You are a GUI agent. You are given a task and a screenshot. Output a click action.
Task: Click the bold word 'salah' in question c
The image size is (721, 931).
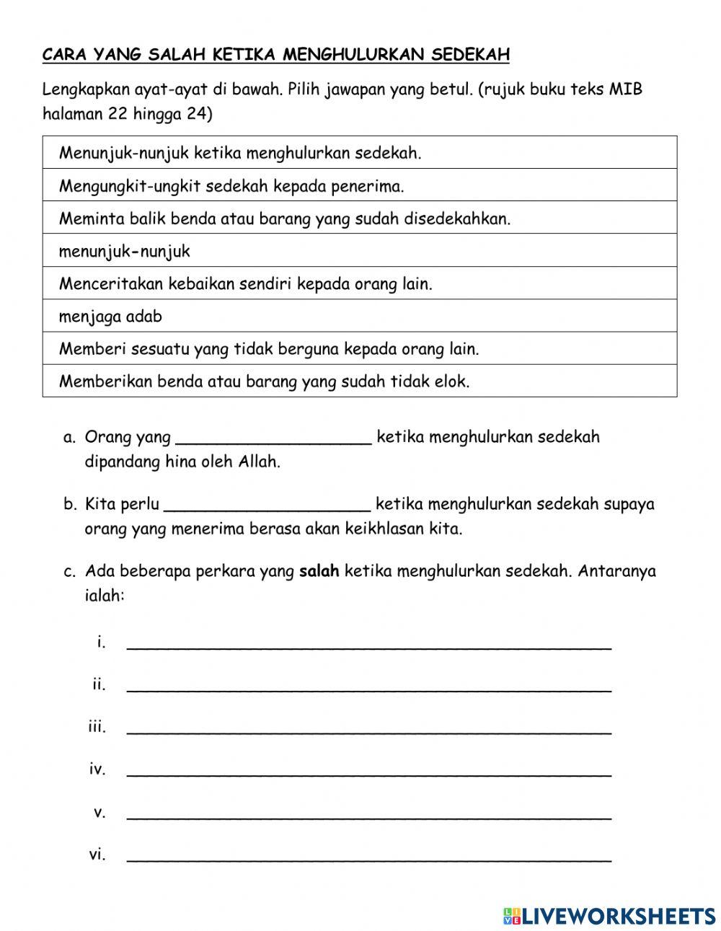[319, 572]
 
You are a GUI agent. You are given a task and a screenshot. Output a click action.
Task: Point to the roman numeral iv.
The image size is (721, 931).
[97, 769]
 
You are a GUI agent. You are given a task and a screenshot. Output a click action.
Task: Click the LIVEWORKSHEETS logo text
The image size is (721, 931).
[618, 915]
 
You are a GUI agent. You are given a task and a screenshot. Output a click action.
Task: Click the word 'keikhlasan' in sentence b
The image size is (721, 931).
[381, 529]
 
